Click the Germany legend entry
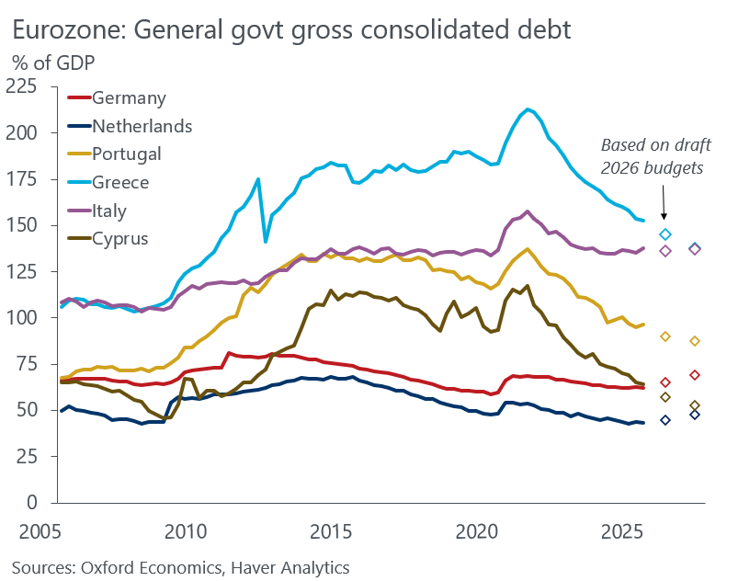(x=129, y=97)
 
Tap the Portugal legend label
(x=127, y=154)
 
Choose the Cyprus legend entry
(x=119, y=239)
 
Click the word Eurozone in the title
(x=68, y=29)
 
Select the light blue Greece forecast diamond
(x=665, y=234)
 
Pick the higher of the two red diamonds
(x=696, y=375)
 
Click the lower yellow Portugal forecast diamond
(x=696, y=341)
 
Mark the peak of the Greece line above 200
(x=528, y=109)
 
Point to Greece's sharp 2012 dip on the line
(x=266, y=241)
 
